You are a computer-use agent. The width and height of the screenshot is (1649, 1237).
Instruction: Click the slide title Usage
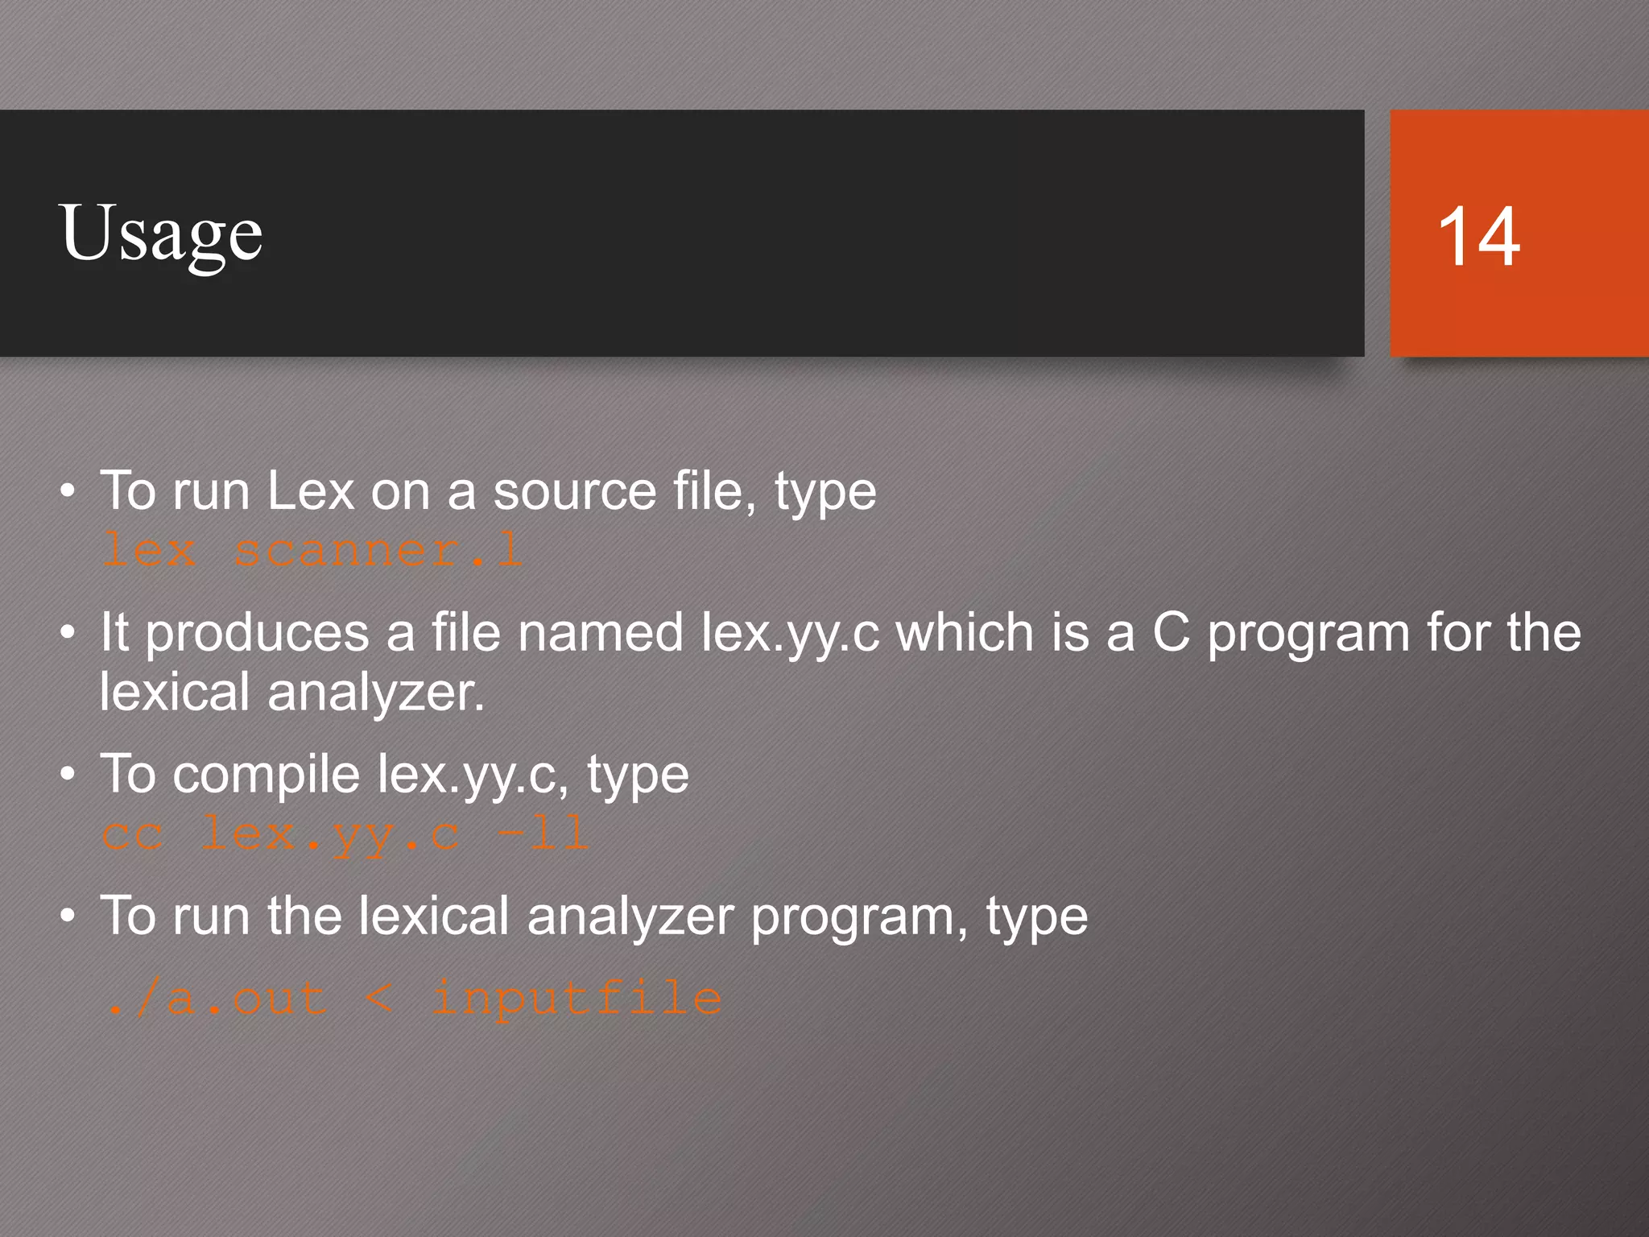pos(160,234)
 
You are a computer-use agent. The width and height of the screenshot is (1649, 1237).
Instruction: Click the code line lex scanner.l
pos(312,552)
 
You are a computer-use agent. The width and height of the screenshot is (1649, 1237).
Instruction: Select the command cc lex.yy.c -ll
pos(345,834)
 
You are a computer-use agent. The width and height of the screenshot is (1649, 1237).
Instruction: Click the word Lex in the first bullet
pos(311,490)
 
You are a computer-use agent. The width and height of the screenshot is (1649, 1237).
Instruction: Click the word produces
pos(257,633)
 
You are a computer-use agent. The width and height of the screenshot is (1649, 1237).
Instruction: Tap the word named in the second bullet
pos(601,633)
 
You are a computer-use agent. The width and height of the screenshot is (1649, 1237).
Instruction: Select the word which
pos(965,633)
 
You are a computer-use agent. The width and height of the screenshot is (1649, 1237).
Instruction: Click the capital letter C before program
pos(1171,633)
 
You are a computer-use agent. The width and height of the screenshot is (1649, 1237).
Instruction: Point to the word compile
pos(266,775)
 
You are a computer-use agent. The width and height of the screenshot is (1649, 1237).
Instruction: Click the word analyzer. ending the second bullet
pos(376,693)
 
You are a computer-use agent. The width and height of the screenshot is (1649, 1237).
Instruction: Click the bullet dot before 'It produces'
pos(68,633)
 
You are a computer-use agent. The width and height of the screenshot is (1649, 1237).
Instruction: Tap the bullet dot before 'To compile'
pos(68,775)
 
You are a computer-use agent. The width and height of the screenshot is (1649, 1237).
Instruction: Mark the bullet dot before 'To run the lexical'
pos(68,916)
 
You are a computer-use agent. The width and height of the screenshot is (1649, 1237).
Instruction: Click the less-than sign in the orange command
pos(378,999)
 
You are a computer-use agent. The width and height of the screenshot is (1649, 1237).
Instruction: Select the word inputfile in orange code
pos(577,999)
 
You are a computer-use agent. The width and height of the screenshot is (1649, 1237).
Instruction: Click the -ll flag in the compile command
pos(543,834)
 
